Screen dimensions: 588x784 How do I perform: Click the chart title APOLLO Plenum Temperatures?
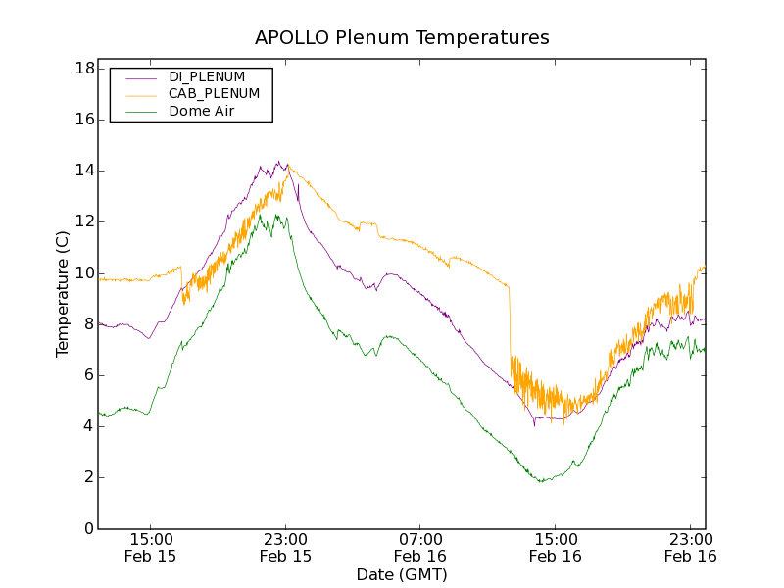pyautogui.click(x=402, y=38)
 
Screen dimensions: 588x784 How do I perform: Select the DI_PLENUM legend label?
pyautogui.click(x=207, y=76)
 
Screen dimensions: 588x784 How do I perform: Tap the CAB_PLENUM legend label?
pyautogui.click(x=214, y=93)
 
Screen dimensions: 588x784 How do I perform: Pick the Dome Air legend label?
pyautogui.click(x=202, y=111)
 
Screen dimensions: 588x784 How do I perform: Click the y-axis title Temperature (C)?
pyautogui.click(x=63, y=294)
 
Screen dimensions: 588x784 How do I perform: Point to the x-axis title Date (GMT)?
pyautogui.click(x=402, y=574)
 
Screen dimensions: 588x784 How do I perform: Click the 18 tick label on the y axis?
pyautogui.click(x=84, y=69)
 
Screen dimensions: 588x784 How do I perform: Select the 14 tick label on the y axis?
pyautogui.click(x=84, y=171)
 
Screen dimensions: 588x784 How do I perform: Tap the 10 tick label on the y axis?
pyautogui.click(x=84, y=272)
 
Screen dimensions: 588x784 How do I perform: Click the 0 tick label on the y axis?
pyautogui.click(x=88, y=528)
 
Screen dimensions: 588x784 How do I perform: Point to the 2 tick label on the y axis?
pyautogui.click(x=88, y=477)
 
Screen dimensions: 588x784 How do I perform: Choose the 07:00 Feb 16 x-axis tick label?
pyautogui.click(x=420, y=547)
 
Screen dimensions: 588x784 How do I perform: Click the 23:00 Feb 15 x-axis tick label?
pyautogui.click(x=285, y=547)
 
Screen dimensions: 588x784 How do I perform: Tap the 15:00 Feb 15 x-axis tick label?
pyautogui.click(x=151, y=547)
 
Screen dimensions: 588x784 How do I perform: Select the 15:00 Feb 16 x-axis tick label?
pyautogui.click(x=555, y=547)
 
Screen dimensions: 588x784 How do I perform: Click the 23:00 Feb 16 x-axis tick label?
pyautogui.click(x=690, y=547)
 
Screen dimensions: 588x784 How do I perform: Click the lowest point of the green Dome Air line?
pyautogui.click(x=540, y=481)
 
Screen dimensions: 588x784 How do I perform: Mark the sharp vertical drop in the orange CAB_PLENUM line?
pyautogui.click(x=510, y=323)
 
